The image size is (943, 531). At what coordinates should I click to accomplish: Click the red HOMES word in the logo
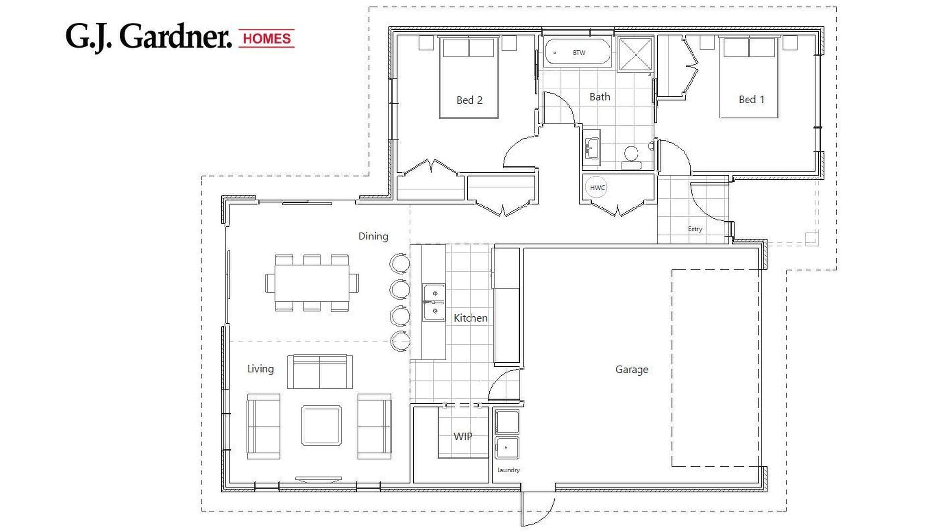(x=267, y=38)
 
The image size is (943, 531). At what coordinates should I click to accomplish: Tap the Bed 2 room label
(x=469, y=100)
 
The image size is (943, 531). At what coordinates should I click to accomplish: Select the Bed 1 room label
(x=751, y=99)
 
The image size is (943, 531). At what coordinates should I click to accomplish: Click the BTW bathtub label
(x=579, y=53)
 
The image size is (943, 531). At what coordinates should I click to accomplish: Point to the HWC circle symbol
(x=597, y=188)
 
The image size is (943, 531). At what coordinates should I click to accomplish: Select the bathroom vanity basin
(x=592, y=146)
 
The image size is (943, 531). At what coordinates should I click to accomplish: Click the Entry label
(x=694, y=229)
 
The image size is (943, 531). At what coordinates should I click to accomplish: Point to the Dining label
(x=373, y=236)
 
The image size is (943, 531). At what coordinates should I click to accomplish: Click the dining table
(x=312, y=283)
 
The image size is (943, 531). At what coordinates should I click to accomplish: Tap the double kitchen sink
(x=434, y=302)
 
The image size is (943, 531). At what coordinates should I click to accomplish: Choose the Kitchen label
(x=470, y=318)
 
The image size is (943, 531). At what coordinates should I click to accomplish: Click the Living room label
(x=260, y=369)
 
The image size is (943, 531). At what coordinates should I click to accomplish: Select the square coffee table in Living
(x=321, y=425)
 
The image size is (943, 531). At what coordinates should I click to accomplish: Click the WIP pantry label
(x=462, y=436)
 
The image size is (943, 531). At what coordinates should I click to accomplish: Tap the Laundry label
(x=508, y=470)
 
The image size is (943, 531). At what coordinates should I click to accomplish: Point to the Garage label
(x=632, y=369)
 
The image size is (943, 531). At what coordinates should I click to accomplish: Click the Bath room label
(x=599, y=97)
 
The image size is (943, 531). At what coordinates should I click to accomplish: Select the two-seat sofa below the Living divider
(x=319, y=372)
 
